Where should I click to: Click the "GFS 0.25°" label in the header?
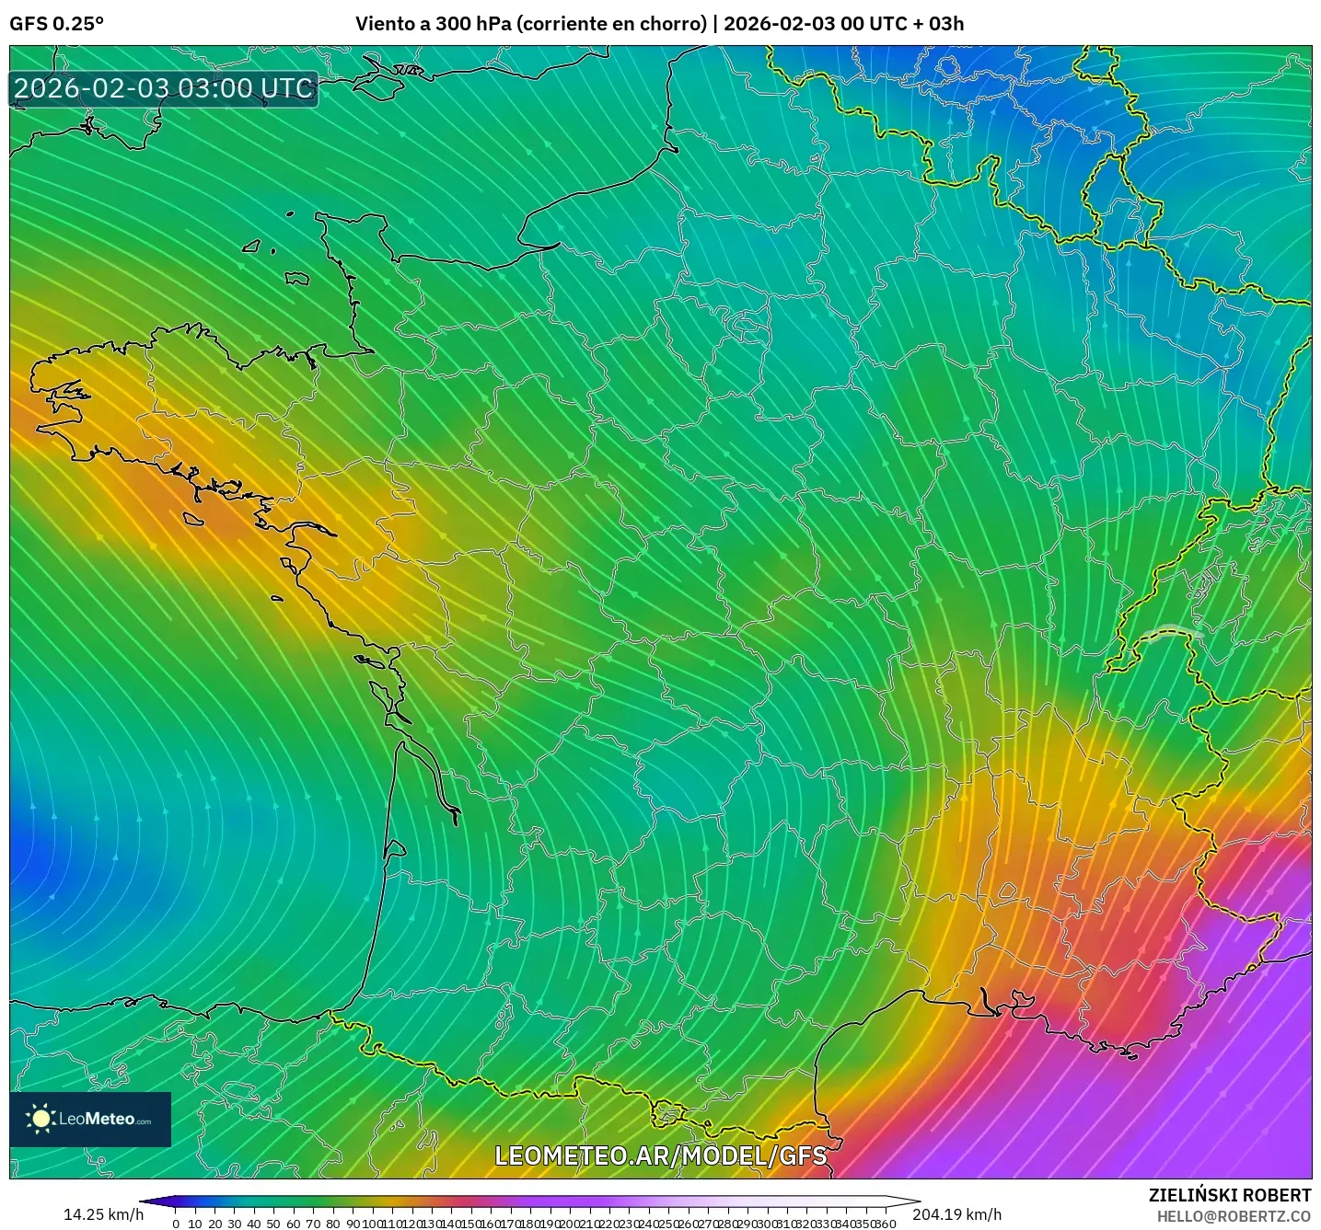coord(56,24)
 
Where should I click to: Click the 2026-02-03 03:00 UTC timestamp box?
coord(164,89)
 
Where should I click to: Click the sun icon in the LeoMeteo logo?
coord(41,1119)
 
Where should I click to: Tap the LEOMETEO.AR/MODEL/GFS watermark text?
coord(660,1155)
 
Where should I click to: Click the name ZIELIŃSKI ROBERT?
coord(1230,1195)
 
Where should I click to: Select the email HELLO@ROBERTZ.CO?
coord(1234,1216)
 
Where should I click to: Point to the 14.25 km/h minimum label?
coord(103,1214)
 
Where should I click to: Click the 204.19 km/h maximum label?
coord(956,1214)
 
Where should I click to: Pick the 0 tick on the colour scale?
coord(176,1223)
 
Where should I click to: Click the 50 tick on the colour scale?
coord(273,1223)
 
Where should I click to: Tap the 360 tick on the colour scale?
coord(885,1223)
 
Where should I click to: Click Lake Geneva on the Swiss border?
coord(1171,633)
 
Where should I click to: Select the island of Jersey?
coord(296,278)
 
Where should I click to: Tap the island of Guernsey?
coord(251,247)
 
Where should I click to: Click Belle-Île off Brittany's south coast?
coord(192,520)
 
